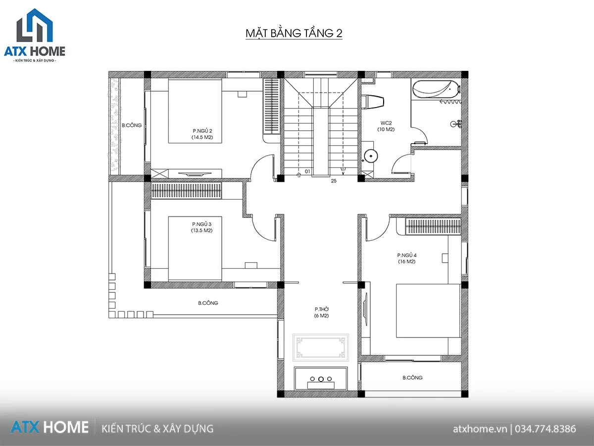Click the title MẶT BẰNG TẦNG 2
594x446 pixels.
294,33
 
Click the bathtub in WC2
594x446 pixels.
436,89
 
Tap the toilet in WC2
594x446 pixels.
373,102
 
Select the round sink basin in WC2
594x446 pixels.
371,156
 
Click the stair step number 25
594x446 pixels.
334,181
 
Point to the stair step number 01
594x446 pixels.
307,171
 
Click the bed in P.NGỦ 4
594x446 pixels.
428,311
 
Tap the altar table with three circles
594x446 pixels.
321,379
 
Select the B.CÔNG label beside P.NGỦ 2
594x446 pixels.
132,125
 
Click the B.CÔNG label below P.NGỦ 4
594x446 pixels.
412,378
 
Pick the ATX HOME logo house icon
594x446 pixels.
35,25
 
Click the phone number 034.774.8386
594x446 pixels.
545,429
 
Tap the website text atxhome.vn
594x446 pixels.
480,429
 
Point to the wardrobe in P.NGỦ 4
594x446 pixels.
433,226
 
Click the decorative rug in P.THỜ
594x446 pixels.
321,347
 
